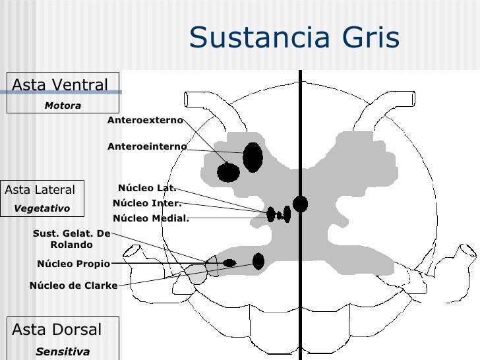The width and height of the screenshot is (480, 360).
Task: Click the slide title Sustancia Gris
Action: pyautogui.click(x=294, y=38)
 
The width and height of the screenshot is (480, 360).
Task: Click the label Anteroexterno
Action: pyautogui.click(x=145, y=120)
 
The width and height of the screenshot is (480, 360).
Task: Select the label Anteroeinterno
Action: pyautogui.click(x=147, y=146)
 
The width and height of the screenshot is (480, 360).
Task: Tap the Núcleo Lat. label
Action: pyautogui.click(x=146, y=188)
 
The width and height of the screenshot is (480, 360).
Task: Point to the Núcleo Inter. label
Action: pyautogui.click(x=146, y=203)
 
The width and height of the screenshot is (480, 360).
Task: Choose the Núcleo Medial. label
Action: pyautogui.click(x=150, y=218)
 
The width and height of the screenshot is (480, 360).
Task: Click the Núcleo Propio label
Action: pyautogui.click(x=73, y=264)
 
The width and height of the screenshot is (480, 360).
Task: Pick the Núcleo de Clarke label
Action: pyautogui.click(x=73, y=285)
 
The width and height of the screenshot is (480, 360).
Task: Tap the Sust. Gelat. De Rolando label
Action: pyautogui.click(x=71, y=239)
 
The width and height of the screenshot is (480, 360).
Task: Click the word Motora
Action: pyautogui.click(x=63, y=105)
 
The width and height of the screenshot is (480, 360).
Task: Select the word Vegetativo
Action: pyautogui.click(x=42, y=208)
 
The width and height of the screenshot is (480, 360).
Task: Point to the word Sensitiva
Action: pyautogui.click(x=63, y=351)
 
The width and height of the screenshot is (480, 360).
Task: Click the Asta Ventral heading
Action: pyautogui.click(x=59, y=85)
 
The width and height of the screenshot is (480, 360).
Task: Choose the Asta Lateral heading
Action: pyautogui.click(x=40, y=190)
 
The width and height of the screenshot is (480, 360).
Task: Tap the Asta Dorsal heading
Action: pyautogui.click(x=57, y=330)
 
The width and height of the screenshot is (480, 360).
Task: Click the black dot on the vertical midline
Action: pyautogui.click(x=300, y=204)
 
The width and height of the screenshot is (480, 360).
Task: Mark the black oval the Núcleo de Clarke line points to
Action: pyautogui.click(x=258, y=262)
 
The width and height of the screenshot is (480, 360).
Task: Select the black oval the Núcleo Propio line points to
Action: pyautogui.click(x=229, y=263)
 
